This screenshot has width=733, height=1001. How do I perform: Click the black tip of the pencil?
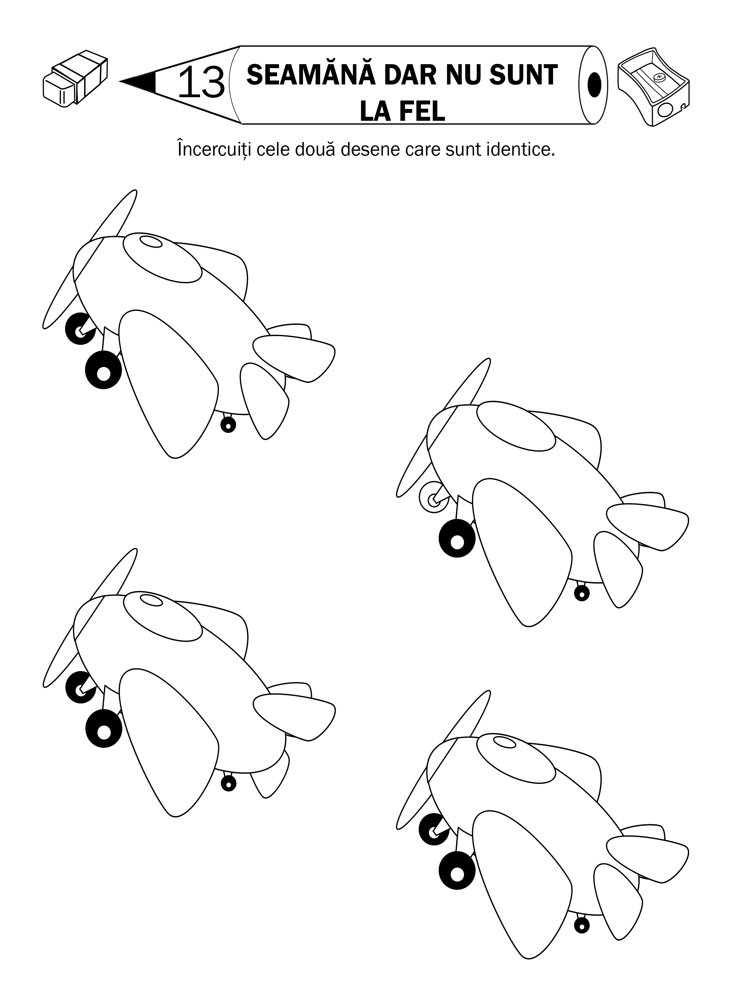click(141, 82)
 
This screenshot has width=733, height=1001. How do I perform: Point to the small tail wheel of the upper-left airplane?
click(228, 425)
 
